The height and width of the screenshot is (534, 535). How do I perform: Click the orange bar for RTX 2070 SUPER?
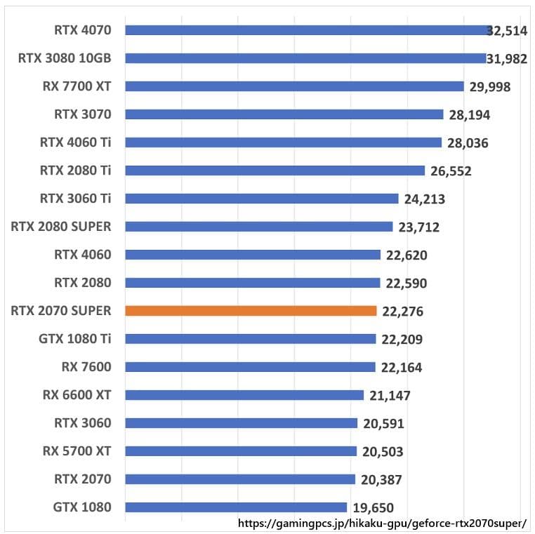[x=251, y=311]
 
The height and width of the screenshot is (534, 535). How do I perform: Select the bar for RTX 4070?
[x=307, y=30]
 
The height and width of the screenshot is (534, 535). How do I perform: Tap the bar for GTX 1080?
[x=236, y=507]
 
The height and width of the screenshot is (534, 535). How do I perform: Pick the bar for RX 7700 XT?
[x=294, y=86]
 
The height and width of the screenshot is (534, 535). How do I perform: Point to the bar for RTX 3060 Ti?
[x=261, y=199]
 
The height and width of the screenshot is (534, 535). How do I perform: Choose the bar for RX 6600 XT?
[x=244, y=395]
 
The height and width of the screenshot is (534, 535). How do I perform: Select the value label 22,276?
[x=403, y=312]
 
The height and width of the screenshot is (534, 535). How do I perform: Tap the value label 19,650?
[x=373, y=508]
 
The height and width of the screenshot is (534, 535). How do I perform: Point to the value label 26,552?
[x=451, y=171]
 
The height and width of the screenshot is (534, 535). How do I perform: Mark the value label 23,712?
[x=418, y=227]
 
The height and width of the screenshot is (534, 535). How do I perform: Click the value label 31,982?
[x=507, y=59]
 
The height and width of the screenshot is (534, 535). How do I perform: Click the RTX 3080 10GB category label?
[x=65, y=58]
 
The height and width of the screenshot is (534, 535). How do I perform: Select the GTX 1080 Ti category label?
[x=75, y=339]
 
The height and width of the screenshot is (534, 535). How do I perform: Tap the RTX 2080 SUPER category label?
[x=61, y=227]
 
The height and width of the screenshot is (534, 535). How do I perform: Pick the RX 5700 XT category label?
[x=77, y=451]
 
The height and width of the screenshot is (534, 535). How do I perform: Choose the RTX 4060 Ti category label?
[x=76, y=142]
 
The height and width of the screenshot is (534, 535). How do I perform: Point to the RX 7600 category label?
[x=86, y=367]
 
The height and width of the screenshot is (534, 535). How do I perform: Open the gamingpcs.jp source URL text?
[x=382, y=523]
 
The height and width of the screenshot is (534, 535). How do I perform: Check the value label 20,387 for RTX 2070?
[x=381, y=480]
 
